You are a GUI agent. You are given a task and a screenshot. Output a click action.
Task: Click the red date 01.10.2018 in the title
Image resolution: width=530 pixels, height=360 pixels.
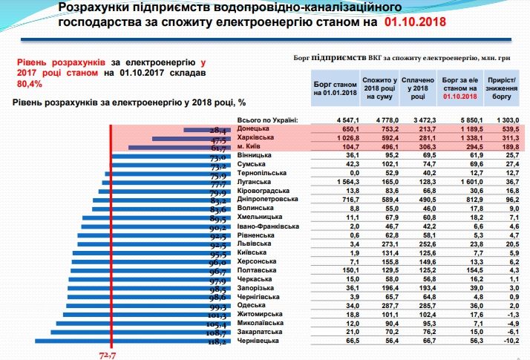[x=415, y=23]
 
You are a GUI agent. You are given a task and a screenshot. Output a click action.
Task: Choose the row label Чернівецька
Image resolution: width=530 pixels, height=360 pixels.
[x=258, y=341]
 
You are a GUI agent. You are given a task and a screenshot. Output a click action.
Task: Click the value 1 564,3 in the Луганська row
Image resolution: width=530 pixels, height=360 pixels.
[x=330, y=181]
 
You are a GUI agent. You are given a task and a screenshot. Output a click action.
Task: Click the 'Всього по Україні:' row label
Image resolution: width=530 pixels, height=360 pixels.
[x=266, y=119]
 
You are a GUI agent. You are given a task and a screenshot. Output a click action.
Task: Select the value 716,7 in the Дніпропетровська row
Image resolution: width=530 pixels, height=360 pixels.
[x=330, y=199]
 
